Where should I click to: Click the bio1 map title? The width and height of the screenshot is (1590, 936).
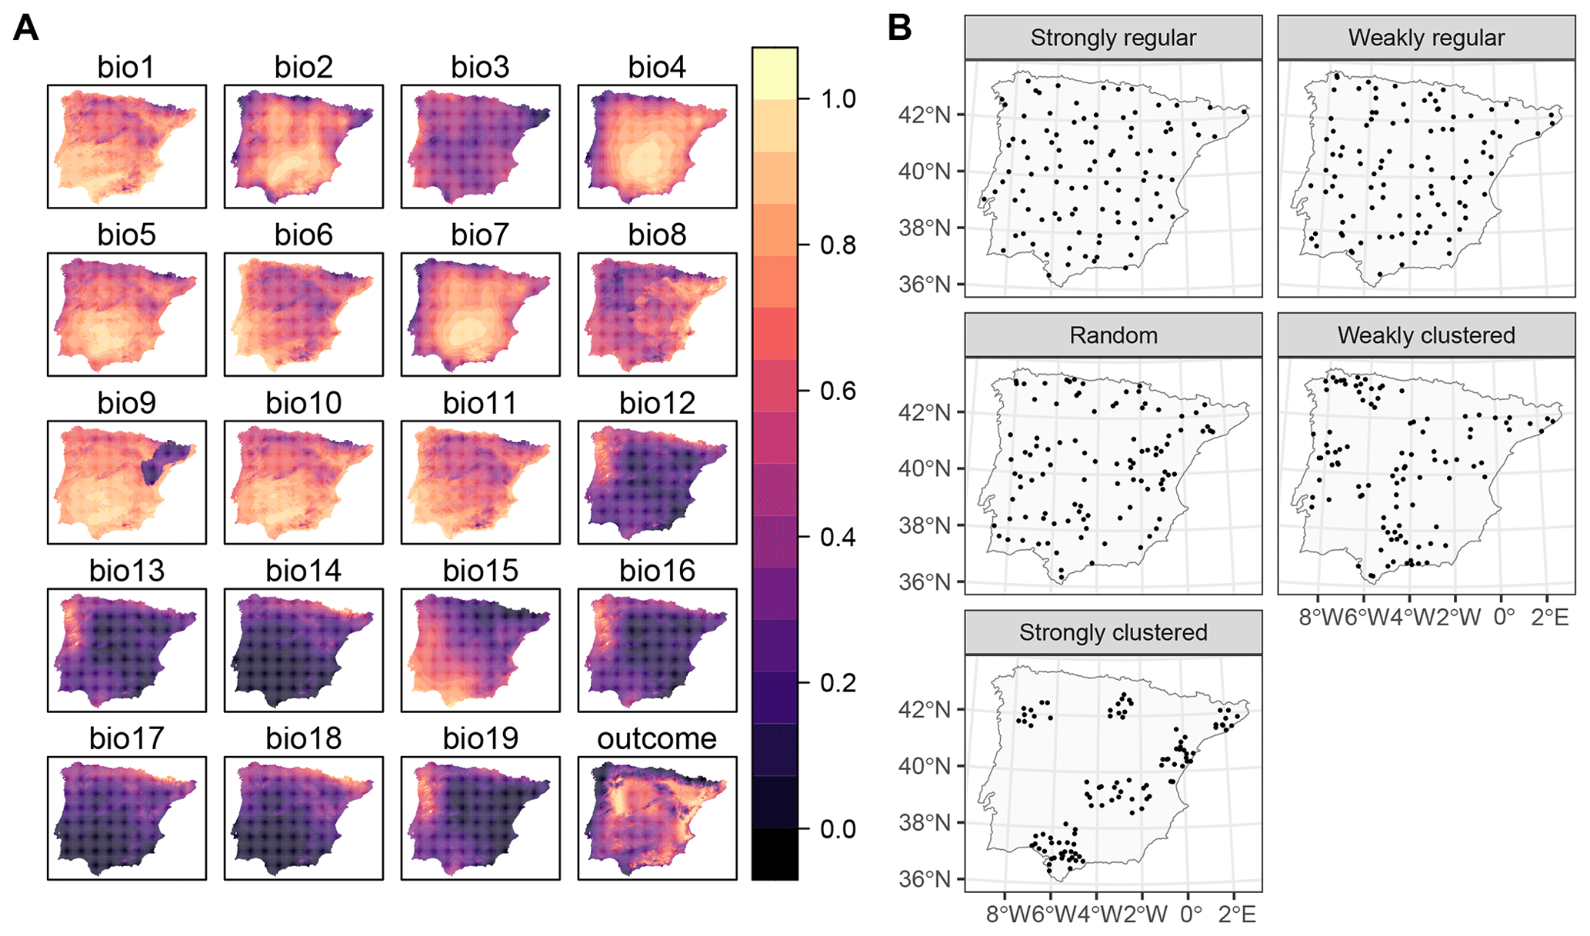pyautogui.click(x=126, y=68)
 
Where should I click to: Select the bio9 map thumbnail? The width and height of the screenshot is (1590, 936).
pyautogui.click(x=127, y=482)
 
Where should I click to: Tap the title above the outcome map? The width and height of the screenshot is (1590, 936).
pyautogui.click(x=657, y=738)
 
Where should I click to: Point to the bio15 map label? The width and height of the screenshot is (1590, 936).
pyautogui.click(x=480, y=571)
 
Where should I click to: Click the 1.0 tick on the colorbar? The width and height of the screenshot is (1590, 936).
pyautogui.click(x=838, y=99)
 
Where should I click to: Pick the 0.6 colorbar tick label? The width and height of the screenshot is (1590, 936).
pyautogui.click(x=838, y=391)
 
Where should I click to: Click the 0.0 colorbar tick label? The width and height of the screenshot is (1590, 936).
pyautogui.click(x=838, y=829)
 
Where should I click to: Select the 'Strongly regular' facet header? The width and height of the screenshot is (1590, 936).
pyautogui.click(x=1113, y=38)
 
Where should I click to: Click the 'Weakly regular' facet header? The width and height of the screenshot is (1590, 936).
pyautogui.click(x=1426, y=38)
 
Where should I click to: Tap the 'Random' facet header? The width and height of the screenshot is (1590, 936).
pyautogui.click(x=1113, y=335)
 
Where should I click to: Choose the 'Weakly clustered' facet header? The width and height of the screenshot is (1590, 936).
pyautogui.click(x=1426, y=335)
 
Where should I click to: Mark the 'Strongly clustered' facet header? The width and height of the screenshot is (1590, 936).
pyautogui.click(x=1113, y=632)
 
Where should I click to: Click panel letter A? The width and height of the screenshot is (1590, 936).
pyautogui.click(x=26, y=28)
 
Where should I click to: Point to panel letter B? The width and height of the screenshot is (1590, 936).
pyautogui.click(x=899, y=28)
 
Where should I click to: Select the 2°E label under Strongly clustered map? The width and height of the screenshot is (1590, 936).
pyautogui.click(x=1238, y=914)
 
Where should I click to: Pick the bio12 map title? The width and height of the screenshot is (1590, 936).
pyautogui.click(x=657, y=403)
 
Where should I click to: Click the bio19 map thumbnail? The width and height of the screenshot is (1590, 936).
pyautogui.click(x=481, y=818)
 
